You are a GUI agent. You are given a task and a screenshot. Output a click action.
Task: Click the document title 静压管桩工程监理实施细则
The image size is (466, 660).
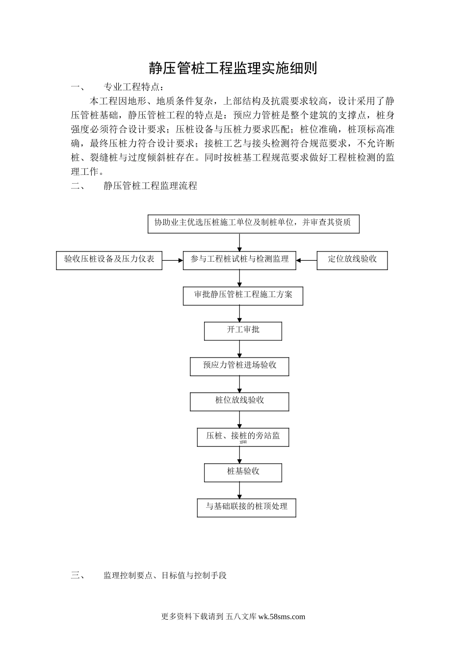[x=233, y=68]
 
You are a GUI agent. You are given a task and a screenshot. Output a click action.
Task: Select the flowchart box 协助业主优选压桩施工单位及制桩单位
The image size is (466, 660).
[x=253, y=223]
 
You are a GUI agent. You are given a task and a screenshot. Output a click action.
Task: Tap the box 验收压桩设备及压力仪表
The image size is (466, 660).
[x=109, y=260]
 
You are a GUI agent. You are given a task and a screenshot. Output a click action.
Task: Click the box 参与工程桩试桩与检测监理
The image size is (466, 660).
[x=239, y=260]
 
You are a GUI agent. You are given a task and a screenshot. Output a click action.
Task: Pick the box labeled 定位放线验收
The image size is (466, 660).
[x=352, y=260]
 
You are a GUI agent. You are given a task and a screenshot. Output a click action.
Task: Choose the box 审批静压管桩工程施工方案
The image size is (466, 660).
[x=243, y=296]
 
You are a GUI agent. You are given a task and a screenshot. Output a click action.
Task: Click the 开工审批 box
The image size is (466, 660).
[x=243, y=330]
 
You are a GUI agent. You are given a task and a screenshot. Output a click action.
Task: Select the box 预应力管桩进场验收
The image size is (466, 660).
[x=239, y=366]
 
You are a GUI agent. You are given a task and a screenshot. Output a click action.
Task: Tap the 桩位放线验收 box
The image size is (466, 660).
[x=239, y=401]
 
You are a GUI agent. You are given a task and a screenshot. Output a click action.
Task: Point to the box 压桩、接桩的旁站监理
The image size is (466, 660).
[x=243, y=437]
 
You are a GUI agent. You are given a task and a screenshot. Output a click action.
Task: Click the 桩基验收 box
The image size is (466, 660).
[x=243, y=472]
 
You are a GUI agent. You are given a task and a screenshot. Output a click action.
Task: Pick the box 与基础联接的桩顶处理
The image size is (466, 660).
[x=246, y=507]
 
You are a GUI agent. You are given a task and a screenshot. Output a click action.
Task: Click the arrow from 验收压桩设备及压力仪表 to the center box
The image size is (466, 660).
[x=172, y=260]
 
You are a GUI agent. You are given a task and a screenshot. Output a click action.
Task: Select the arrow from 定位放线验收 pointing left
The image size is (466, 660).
[x=307, y=260]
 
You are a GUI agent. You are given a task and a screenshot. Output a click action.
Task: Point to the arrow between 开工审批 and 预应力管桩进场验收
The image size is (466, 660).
[x=240, y=349]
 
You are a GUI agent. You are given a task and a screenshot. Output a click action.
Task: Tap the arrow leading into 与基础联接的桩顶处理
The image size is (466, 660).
[x=240, y=490]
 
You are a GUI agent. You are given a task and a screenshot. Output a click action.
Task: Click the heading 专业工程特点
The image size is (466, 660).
[x=132, y=87]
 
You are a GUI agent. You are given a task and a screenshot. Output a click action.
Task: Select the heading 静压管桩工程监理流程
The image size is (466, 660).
[x=151, y=186]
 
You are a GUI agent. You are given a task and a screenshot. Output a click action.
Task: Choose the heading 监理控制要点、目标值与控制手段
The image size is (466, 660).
[x=165, y=575]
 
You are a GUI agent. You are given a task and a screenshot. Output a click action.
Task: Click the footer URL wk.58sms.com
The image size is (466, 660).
[x=281, y=617]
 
